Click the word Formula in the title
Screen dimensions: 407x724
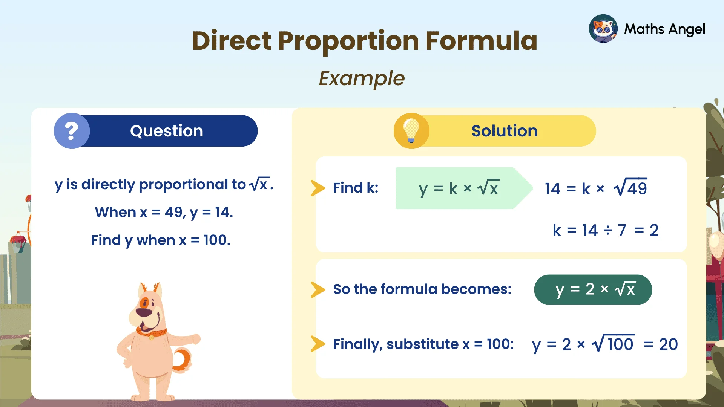tap(481, 41)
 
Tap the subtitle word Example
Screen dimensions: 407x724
tap(362, 78)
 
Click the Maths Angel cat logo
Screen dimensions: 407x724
tap(603, 29)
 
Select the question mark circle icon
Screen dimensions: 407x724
tap(72, 131)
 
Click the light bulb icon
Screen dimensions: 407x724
tap(411, 130)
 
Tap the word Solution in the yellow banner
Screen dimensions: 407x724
tap(504, 131)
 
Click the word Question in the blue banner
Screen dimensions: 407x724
tap(166, 131)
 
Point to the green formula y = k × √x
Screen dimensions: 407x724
tap(458, 188)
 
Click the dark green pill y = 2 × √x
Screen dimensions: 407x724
tap(593, 289)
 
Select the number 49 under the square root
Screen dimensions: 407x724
tap(637, 188)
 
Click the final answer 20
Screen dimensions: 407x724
tap(668, 344)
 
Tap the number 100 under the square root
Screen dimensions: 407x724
tap(620, 344)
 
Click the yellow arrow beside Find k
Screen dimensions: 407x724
tap(318, 188)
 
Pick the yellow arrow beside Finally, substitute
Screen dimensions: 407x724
tap(318, 344)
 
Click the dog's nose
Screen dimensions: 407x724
tap(143, 312)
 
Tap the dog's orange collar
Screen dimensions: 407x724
tap(151, 333)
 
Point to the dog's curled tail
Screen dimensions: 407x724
tap(183, 360)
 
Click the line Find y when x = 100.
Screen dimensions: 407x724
tap(161, 240)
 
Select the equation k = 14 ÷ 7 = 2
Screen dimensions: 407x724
tap(605, 230)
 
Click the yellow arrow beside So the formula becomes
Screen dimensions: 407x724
tap(318, 289)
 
